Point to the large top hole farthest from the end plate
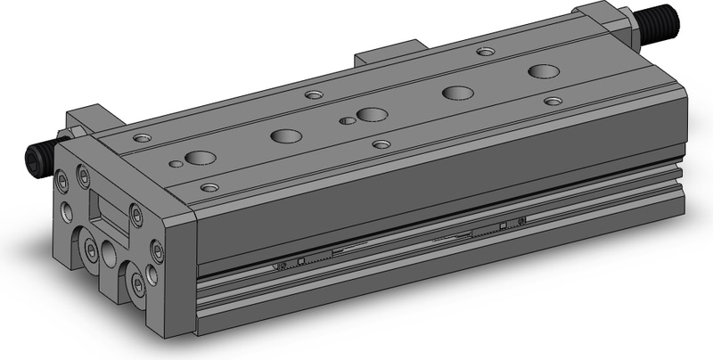point(540,71)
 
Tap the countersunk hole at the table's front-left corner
point(210,187)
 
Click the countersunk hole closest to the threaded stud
point(486,52)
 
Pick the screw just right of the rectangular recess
point(136,213)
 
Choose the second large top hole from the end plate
point(286,136)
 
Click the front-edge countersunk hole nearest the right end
point(553,101)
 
